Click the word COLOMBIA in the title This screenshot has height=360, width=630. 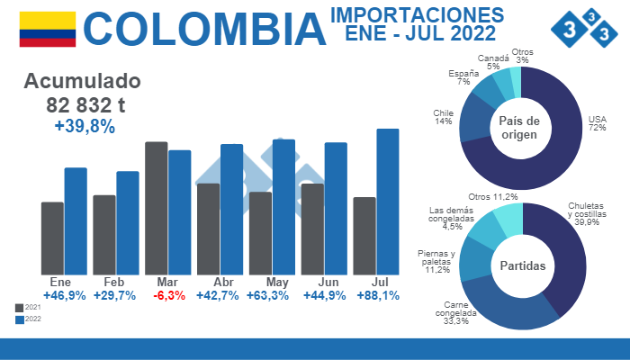pos(209,30)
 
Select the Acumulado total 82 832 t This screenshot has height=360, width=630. pos(85,104)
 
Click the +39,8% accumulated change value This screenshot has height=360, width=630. pos(85,127)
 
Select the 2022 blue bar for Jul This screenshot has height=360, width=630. pos(387,202)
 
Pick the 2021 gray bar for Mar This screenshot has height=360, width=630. pos(156,208)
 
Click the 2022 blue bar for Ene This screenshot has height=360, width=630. pos(76,220)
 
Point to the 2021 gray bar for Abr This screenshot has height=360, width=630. pos(208,229)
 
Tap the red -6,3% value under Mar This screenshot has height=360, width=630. pos(170,296)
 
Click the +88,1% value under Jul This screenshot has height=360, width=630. pos(378,296)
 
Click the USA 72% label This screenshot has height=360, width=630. pos(597,123)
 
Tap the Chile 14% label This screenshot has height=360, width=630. pos(442,117)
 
